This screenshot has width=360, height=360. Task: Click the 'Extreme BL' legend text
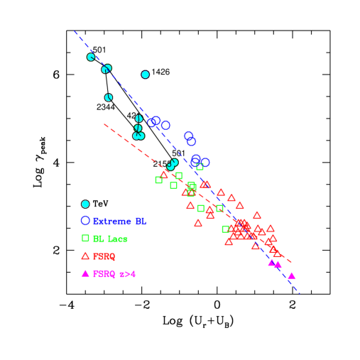pos(119,222)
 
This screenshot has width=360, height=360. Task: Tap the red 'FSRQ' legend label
pos(104,256)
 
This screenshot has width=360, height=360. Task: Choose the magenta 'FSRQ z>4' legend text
pos(114,274)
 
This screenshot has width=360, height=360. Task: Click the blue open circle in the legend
pos(85,221)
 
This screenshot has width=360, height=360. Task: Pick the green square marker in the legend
pos(85,238)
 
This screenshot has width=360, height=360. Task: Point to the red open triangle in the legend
pos(85,256)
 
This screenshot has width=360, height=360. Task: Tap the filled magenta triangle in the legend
pos(85,273)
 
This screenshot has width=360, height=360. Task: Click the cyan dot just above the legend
pos(85,204)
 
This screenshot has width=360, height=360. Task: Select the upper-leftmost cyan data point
pos(91,57)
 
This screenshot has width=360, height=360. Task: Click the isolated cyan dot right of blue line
pos(146,75)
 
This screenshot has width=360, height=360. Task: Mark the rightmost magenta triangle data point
pos(291,276)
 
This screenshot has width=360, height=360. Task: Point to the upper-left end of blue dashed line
pos(75,31)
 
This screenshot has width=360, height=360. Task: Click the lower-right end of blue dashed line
pos(300,293)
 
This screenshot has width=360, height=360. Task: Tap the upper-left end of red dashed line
pos(104,124)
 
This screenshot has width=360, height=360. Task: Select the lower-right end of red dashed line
pos(292,262)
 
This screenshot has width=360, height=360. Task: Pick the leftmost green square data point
pos(158,180)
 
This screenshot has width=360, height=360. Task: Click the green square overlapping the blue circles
pos(200,167)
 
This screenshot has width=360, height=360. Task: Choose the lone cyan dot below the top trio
pos(109,97)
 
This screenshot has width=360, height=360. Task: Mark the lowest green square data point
pos(225,229)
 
